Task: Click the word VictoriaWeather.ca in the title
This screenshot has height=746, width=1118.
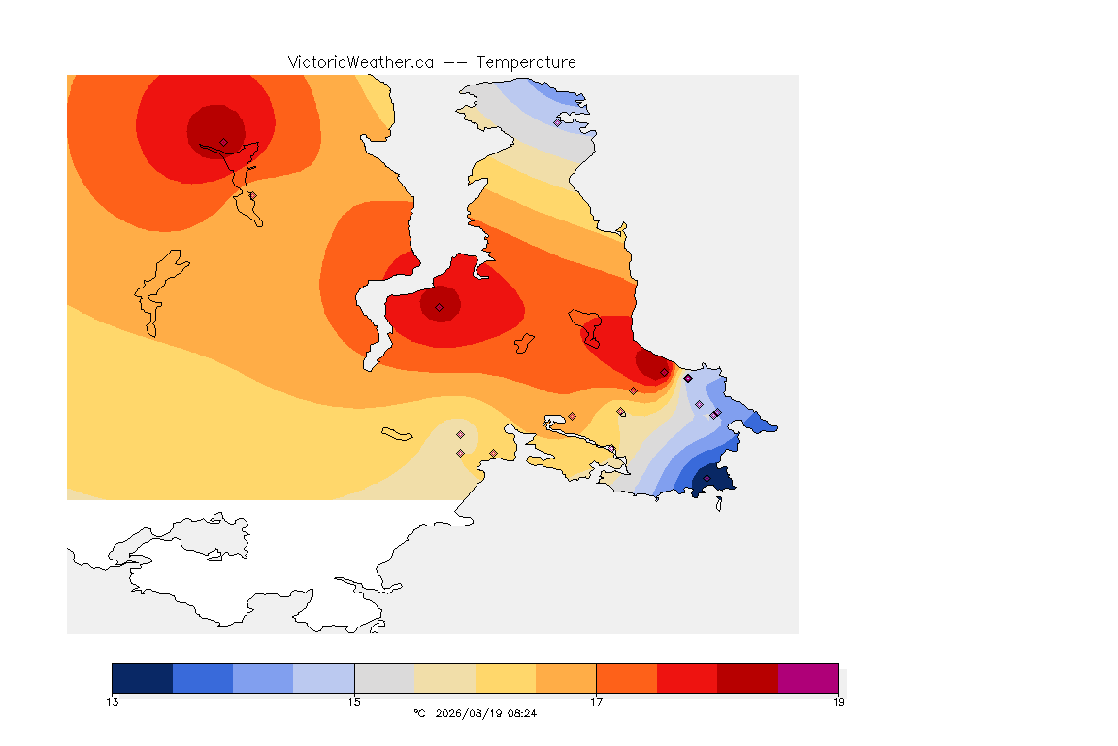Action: [361, 62]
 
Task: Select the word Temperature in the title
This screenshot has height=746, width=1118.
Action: [526, 63]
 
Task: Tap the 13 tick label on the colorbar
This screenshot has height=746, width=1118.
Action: [112, 702]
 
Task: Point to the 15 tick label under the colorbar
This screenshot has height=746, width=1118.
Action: [354, 702]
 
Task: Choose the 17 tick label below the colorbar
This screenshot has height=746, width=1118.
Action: [596, 702]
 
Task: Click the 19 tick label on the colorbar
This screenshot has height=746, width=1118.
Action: [838, 702]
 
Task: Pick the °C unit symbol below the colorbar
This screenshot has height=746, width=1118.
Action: [419, 713]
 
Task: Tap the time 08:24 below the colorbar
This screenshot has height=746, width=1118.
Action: [522, 713]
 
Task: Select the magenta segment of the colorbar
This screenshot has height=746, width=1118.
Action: [808, 678]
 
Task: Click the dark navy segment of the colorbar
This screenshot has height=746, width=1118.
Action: [143, 678]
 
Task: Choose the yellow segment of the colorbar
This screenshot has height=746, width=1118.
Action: [506, 678]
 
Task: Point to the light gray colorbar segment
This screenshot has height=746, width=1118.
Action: [384, 678]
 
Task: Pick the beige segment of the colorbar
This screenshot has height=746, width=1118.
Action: [444, 678]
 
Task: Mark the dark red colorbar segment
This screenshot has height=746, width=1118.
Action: [748, 678]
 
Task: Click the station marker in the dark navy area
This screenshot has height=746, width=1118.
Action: [707, 478]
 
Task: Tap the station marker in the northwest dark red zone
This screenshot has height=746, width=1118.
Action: [224, 143]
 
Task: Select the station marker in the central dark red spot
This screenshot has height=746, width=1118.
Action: [440, 308]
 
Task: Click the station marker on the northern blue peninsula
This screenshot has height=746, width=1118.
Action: [558, 122]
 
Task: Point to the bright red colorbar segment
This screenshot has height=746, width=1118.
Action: [687, 678]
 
